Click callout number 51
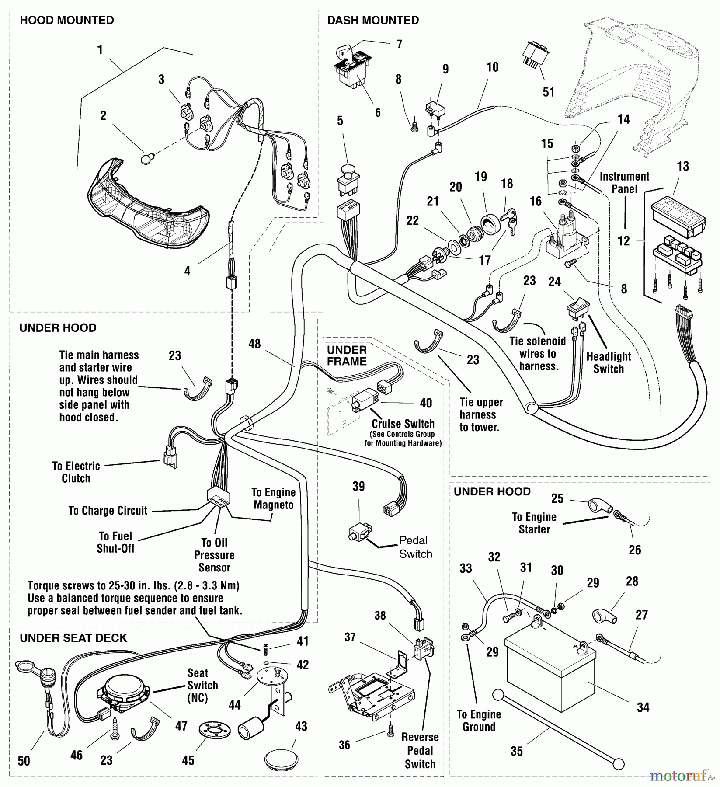(548, 92)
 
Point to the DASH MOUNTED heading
(373, 21)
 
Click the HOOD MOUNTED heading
(67, 21)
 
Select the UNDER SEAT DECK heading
(73, 638)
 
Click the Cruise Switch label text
(403, 424)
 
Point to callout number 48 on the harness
(254, 344)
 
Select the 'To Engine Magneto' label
(274, 498)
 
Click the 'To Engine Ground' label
(479, 721)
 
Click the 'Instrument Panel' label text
(624, 183)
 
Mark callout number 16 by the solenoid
(536, 201)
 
